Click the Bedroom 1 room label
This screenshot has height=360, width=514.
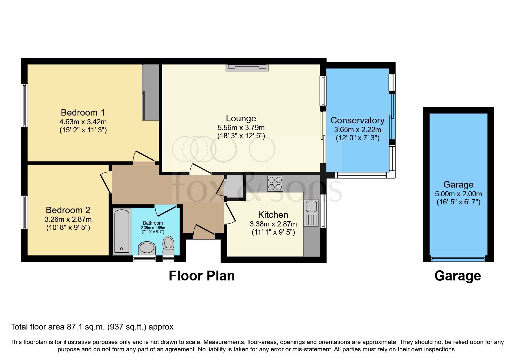[83, 112]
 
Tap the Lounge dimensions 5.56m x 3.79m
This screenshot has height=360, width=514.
[241, 127]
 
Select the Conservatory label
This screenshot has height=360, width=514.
[357, 120]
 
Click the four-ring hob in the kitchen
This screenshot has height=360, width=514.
[275, 183]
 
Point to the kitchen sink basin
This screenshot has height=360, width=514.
[311, 206]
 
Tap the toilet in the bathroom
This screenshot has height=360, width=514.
[168, 245]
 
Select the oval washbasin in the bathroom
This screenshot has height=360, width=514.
[147, 248]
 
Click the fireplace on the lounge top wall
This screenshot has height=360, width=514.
[247, 68]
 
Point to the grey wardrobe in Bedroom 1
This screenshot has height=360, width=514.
[151, 92]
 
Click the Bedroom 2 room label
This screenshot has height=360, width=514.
[68, 210]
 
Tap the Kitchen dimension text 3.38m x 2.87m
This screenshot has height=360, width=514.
[273, 224]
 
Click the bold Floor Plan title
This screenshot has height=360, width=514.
[202, 276]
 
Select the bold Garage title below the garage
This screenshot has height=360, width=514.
[458, 276]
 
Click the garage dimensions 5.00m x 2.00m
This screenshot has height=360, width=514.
[458, 194]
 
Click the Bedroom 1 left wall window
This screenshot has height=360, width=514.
[24, 105]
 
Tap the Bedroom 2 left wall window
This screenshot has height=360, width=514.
[24, 212]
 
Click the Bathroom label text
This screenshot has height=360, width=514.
[153, 223]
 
